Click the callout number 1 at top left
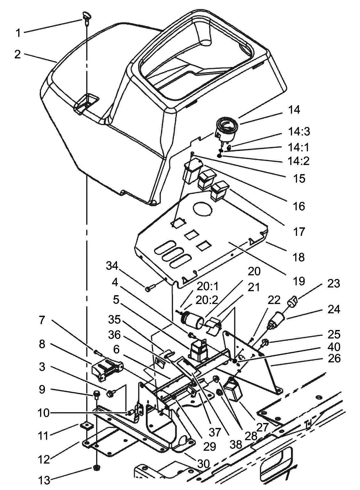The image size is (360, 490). pos(19,33)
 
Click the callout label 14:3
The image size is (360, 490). pos(298,131)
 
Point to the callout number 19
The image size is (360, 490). pos(299,281)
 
